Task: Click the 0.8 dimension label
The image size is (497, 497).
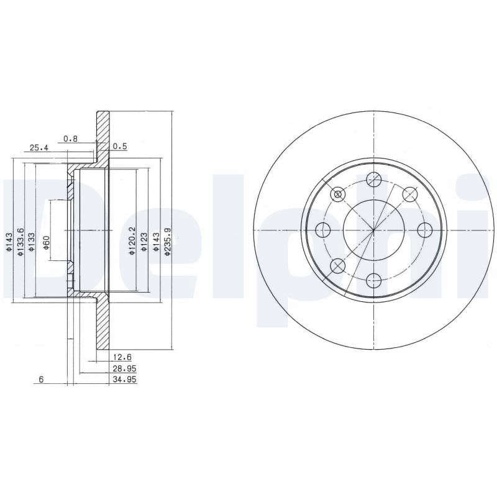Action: click(70, 139)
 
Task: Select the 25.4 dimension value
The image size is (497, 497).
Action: click(39, 148)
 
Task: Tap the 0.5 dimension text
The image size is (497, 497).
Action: click(120, 147)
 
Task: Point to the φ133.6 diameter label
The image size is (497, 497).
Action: click(21, 242)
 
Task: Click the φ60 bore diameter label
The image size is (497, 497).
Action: click(46, 242)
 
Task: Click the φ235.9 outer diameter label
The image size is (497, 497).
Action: click(168, 242)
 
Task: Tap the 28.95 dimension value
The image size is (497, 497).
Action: click(125, 368)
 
